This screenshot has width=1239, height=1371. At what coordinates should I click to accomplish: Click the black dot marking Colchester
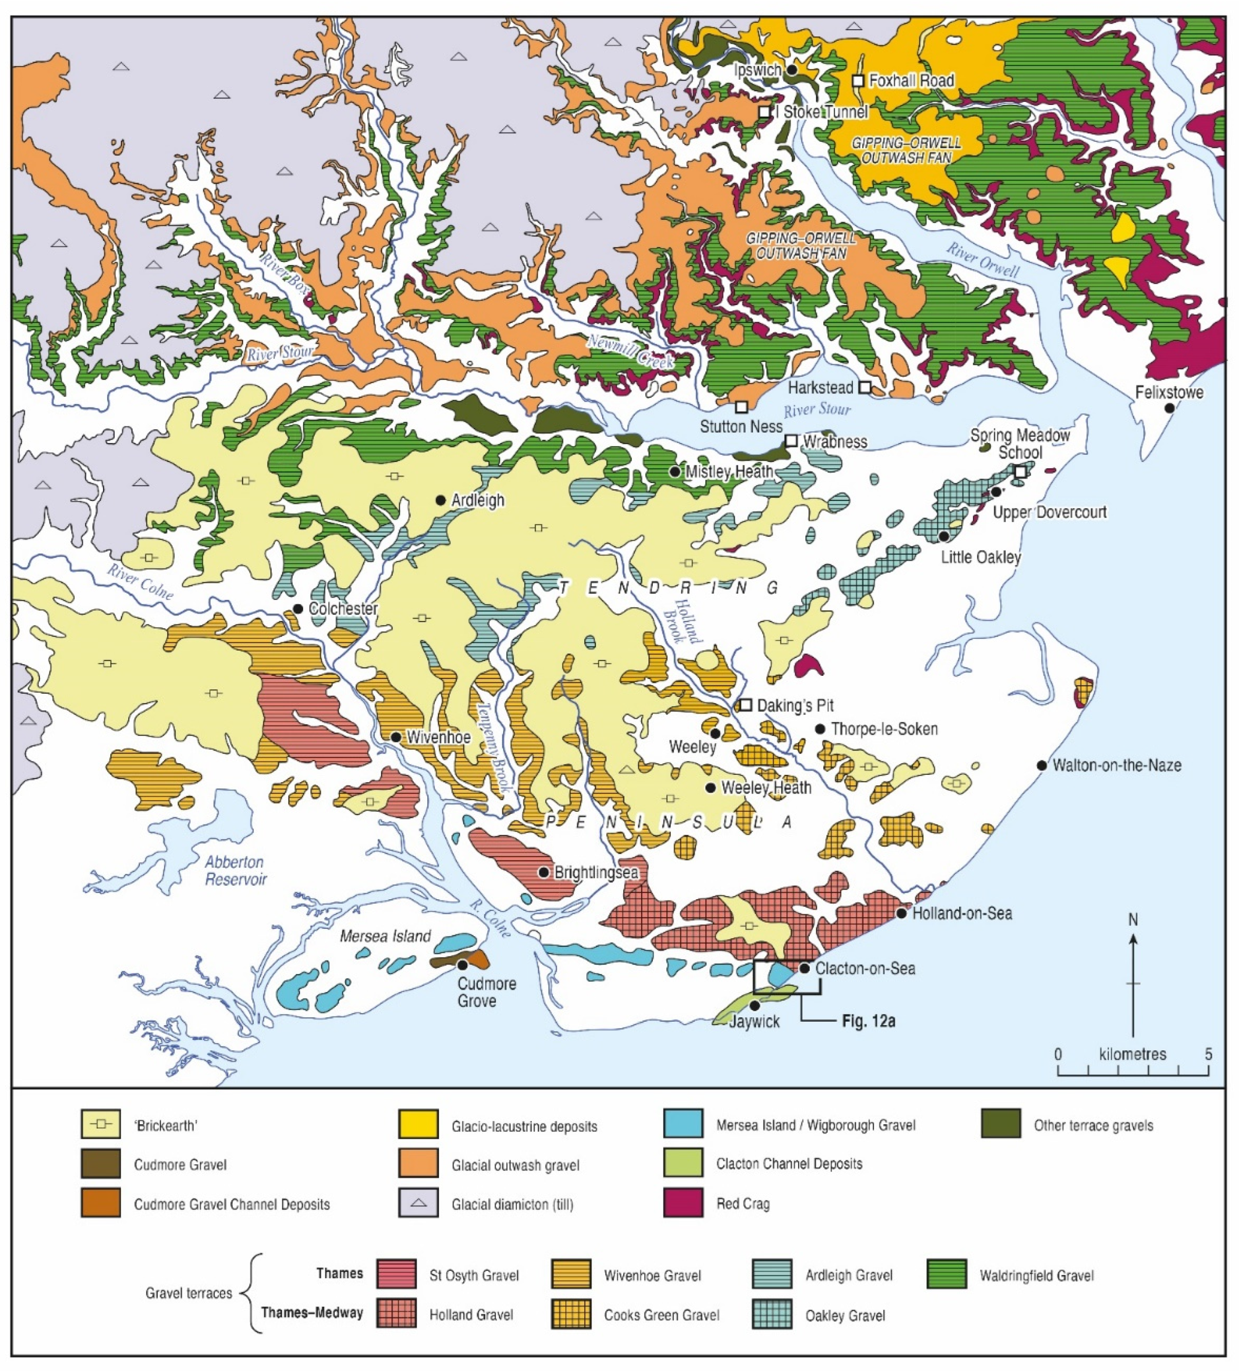298,608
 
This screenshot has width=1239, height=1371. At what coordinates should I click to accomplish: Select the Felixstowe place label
1169,393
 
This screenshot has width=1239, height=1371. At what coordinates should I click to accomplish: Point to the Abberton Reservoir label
235,871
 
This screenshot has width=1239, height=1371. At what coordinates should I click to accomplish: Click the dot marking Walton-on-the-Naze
1041,765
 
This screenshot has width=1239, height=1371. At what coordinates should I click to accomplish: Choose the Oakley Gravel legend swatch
772,1315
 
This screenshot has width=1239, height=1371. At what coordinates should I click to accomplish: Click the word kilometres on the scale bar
1132,1054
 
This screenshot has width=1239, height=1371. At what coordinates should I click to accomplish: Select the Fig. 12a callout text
868,1021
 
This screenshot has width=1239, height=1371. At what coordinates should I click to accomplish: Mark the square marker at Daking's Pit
746,704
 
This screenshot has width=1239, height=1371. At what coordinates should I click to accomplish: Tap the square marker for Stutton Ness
742,407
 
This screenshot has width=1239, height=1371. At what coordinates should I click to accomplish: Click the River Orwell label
983,260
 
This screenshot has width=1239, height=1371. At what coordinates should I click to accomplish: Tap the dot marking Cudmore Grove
462,964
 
